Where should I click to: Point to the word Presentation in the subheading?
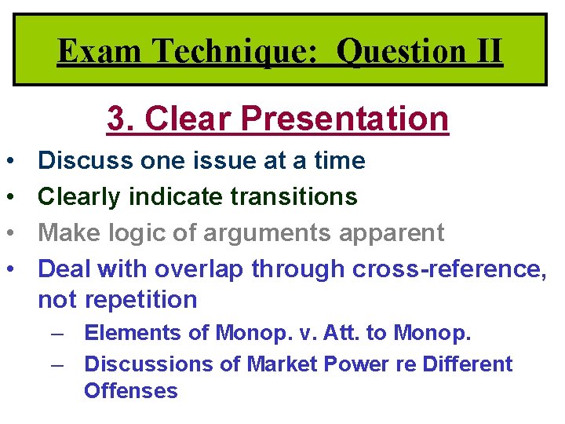345,119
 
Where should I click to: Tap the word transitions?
293,196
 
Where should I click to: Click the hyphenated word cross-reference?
448,269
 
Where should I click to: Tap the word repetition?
140,299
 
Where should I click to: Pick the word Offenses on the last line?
131,390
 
